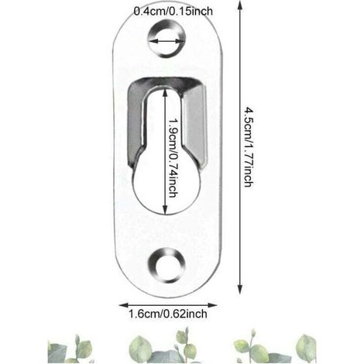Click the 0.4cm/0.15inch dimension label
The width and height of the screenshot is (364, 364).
(x=173, y=11)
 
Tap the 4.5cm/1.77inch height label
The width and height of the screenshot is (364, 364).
(x=249, y=146)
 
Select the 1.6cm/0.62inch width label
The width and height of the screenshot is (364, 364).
(x=168, y=314)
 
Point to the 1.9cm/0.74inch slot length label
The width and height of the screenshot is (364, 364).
(x=173, y=158)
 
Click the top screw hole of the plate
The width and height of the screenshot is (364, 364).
(x=167, y=39)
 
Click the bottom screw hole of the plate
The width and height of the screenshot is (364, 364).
(x=167, y=266)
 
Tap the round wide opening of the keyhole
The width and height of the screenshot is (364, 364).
(x=167, y=191)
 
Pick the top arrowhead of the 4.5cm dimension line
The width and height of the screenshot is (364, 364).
(x=240, y=5)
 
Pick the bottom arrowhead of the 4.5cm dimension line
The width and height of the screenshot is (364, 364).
(x=240, y=290)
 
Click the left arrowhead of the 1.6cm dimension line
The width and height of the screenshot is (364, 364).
(x=123, y=305)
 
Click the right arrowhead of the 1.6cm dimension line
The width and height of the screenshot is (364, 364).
(x=212, y=305)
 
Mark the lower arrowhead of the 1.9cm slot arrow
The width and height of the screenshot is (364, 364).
(x=165, y=210)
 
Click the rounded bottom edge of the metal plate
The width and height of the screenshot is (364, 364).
(x=167, y=295)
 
